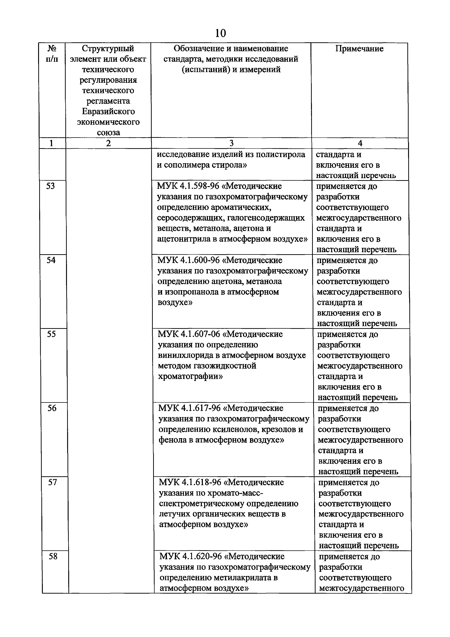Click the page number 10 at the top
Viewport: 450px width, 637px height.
pos(220,33)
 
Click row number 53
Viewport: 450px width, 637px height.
pos(50,186)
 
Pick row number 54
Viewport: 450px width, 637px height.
pos(51,260)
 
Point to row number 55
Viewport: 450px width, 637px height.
pos(51,334)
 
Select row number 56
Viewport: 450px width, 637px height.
pos(52,408)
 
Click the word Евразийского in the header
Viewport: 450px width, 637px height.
pos(108,111)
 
